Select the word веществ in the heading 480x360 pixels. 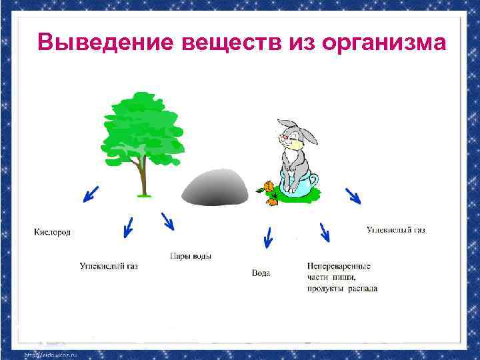[226, 43]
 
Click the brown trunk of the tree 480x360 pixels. [142, 177]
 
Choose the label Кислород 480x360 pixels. [52, 232]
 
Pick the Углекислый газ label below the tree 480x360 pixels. [109, 266]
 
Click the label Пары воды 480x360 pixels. [191, 256]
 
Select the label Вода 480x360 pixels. [261, 273]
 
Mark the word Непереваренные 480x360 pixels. [339, 266]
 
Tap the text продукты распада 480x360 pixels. [342, 289]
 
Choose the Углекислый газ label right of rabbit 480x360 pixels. [395, 230]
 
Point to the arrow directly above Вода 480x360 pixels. [268, 237]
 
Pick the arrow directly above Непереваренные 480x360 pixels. [325, 233]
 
